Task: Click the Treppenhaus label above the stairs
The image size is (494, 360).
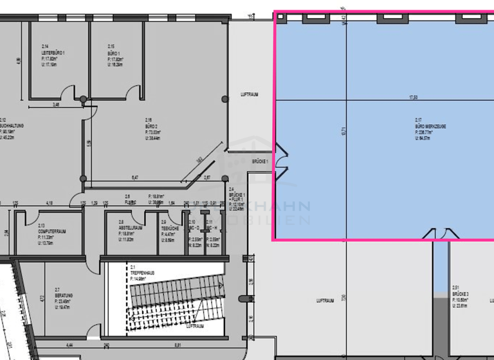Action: pos(142,273)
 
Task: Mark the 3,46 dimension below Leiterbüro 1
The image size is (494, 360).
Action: pos(56,104)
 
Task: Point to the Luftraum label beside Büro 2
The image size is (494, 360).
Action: pos(250,94)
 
